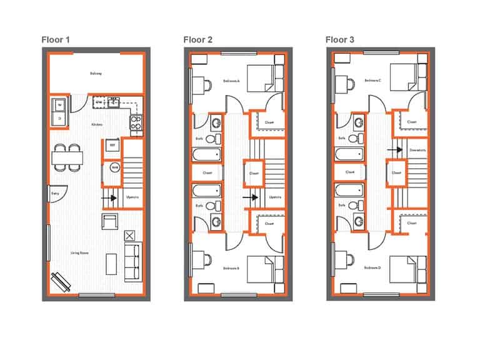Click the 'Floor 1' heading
[x=56, y=40]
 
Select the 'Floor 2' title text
[x=198, y=40]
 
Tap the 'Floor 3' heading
[x=341, y=40]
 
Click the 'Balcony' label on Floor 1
[x=96, y=74]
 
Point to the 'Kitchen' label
[x=97, y=125]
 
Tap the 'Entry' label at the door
[x=55, y=194]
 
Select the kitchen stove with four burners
[x=136, y=122]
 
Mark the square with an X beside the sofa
[x=129, y=236]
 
